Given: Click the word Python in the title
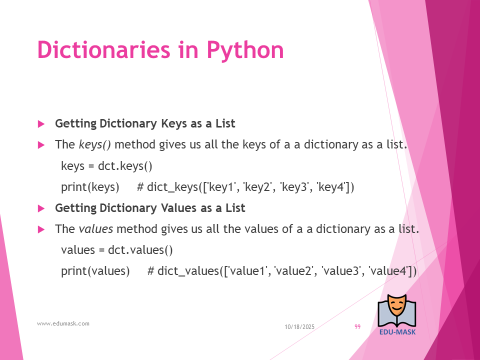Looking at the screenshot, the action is click(x=245, y=50).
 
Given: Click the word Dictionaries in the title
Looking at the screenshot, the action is click(x=103, y=49).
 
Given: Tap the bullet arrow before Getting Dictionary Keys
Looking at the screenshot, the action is click(x=41, y=124).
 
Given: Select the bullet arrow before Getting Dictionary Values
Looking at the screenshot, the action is click(x=41, y=208).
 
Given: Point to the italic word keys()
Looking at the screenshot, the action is click(x=95, y=144).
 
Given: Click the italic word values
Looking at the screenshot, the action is click(x=96, y=229).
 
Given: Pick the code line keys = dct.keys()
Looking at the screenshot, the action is click(x=106, y=166).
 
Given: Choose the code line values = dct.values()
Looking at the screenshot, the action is click(x=117, y=250).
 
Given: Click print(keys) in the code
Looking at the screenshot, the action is click(x=90, y=187).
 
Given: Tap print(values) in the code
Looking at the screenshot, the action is click(x=95, y=271).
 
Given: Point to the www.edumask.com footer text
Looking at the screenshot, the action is click(x=63, y=323).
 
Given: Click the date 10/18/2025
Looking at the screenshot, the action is click(x=299, y=327).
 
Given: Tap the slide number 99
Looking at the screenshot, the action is click(x=357, y=327).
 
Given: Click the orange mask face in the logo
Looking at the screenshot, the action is click(x=396, y=305).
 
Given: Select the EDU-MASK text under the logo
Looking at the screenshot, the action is click(x=397, y=332).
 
